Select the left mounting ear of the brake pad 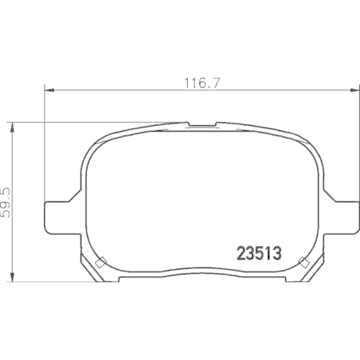point(58,216)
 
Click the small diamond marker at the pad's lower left point(102,261)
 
